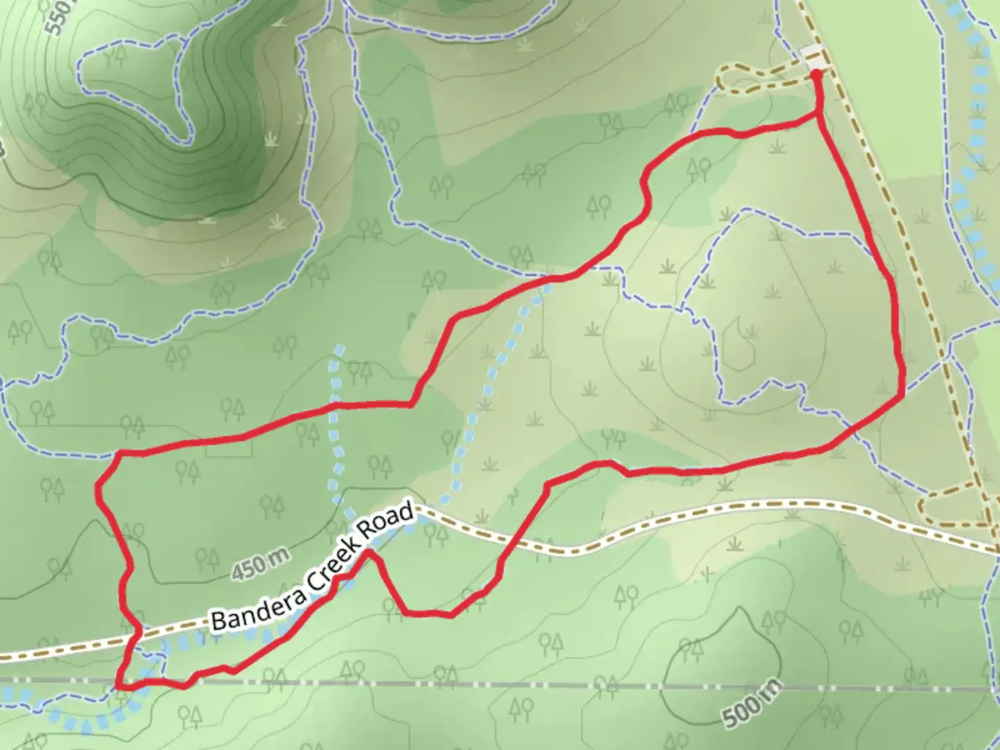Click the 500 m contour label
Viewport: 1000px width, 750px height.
click(x=751, y=703)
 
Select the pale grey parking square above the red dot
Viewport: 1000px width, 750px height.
click(x=810, y=58)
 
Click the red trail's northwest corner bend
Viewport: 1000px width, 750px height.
click(x=119, y=453)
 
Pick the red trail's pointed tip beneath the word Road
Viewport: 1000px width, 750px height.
click(x=371, y=553)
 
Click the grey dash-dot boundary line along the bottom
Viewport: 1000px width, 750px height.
click(x=625, y=687)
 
